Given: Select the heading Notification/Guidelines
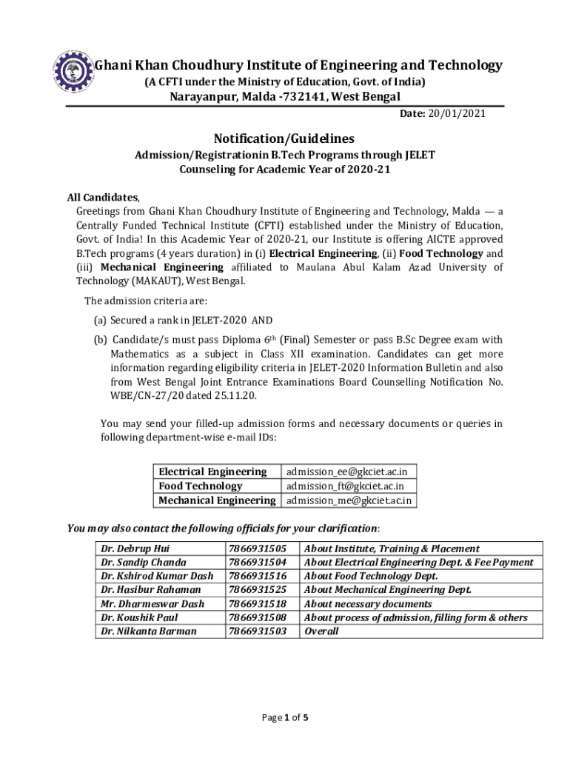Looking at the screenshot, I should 284,138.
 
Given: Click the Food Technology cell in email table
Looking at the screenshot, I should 201,486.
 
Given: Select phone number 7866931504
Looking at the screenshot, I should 258,563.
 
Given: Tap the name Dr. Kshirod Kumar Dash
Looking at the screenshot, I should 157,576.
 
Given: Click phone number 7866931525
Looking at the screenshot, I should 258,590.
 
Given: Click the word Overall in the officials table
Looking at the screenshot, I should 321,631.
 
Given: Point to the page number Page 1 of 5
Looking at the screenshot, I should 285,717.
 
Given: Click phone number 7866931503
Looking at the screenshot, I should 258,631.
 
